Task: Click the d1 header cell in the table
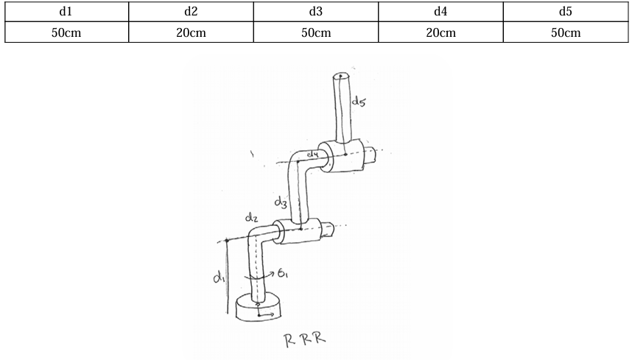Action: [x=66, y=12]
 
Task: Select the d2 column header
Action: [x=191, y=12]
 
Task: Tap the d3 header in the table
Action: [x=316, y=12]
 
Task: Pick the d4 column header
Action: [x=440, y=12]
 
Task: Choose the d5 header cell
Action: [x=566, y=12]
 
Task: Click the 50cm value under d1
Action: [x=66, y=32]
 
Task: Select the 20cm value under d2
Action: [x=191, y=32]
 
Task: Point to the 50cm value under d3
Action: [x=316, y=32]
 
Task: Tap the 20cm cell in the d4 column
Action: [x=440, y=32]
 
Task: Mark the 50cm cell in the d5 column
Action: [x=566, y=32]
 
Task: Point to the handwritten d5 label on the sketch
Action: [x=359, y=103]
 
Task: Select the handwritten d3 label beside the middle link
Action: [x=280, y=200]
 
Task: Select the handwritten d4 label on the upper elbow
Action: [x=312, y=154]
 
